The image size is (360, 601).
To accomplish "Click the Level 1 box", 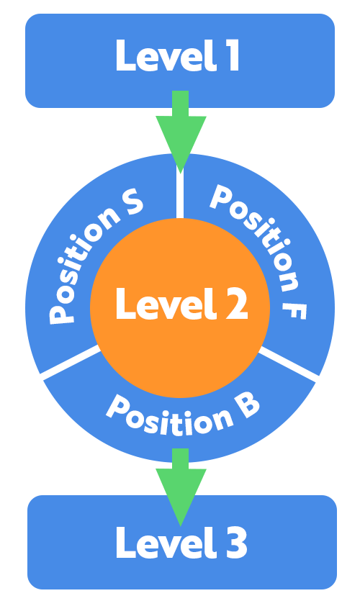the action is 180,60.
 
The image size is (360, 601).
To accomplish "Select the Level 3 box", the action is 182,542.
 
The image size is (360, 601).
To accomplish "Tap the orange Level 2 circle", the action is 180,307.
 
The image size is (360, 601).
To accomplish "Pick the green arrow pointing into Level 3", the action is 181,487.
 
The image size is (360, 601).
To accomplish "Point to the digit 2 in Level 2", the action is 237,303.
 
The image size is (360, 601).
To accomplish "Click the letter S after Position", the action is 132,202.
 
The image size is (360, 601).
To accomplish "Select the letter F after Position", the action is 294,310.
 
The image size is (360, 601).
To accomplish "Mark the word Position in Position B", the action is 168,417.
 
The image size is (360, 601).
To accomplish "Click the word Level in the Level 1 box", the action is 166,55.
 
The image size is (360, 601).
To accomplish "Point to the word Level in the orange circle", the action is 166,303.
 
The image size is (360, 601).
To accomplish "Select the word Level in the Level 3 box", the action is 166,542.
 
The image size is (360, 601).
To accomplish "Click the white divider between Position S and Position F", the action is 180,191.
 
